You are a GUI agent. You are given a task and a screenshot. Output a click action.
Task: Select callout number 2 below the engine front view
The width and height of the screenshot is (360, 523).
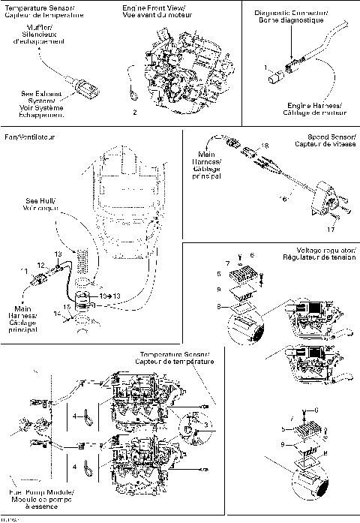pyautogui.click(x=134, y=112)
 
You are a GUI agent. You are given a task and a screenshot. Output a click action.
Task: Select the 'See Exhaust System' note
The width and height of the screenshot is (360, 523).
pyautogui.click(x=42, y=104)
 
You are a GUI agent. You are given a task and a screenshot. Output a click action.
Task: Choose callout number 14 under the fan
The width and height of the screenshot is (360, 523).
pyautogui.click(x=58, y=312)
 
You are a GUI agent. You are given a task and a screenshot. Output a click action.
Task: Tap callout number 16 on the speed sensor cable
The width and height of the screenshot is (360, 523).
pyautogui.click(x=283, y=200)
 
